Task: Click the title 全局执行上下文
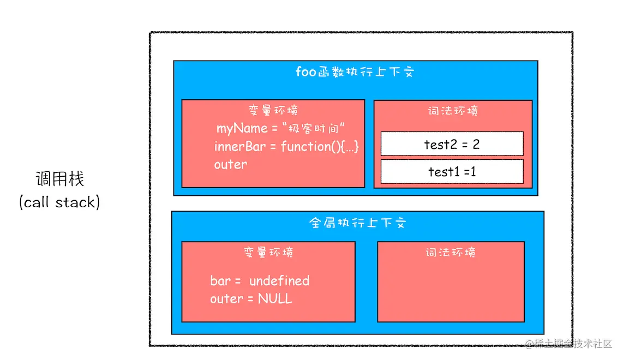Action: [358, 224]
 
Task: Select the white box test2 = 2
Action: [452, 144]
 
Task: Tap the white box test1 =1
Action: [452, 172]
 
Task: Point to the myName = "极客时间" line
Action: [282, 129]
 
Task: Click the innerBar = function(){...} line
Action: [286, 147]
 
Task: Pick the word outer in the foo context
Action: [230, 164]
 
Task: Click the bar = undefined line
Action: [260, 281]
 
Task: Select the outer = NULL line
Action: [251, 299]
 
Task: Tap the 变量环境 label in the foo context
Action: [273, 110]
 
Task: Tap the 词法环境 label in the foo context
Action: [453, 111]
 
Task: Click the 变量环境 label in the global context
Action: [268, 252]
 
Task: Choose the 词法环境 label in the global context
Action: [451, 252]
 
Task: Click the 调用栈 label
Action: [60, 179]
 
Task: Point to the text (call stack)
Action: [60, 202]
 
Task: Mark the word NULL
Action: [275, 299]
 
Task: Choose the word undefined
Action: [279, 281]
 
